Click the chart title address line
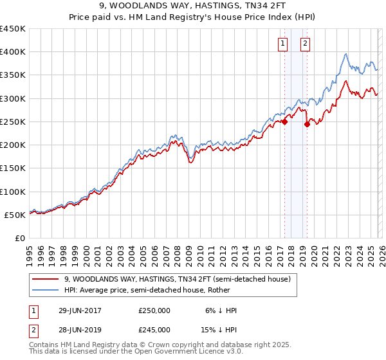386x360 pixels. click(x=193, y=5)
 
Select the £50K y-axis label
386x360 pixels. click(x=15, y=215)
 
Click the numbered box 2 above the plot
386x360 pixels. click(x=304, y=44)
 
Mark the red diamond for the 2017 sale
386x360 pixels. click(x=284, y=122)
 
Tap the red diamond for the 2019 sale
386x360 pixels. click(x=307, y=124)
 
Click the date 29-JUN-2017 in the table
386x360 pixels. click(x=80, y=310)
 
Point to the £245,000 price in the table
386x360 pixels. click(x=154, y=329)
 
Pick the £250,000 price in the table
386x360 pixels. click(x=154, y=310)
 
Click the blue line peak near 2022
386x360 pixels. click(x=346, y=54)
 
